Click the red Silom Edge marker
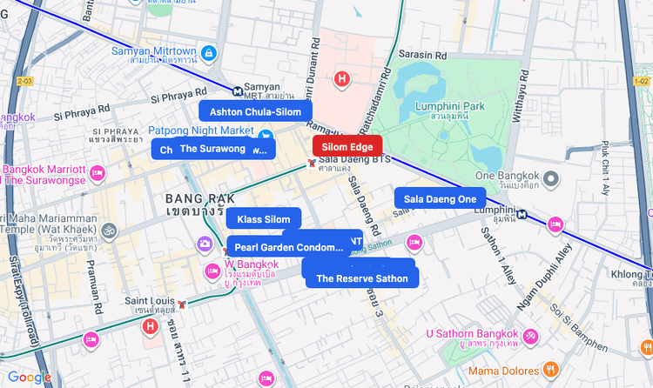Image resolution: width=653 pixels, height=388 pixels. click(347, 147)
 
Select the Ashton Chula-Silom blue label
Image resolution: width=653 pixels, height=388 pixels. click(255, 111)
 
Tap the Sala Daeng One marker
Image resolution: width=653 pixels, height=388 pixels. click(440, 198)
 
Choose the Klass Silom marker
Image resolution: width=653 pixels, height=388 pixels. click(263, 219)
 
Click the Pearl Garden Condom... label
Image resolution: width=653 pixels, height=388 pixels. click(278, 247)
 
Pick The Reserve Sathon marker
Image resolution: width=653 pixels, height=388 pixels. click(361, 278)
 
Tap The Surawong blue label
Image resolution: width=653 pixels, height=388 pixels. click(212, 149)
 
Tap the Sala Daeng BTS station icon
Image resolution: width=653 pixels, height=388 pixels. click(311, 164)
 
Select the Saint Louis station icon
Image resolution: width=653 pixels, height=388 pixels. click(182, 304)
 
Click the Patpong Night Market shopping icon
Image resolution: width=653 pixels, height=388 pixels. click(266, 136)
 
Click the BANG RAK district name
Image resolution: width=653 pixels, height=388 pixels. click(200, 198)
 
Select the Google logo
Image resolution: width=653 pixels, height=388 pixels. click(29, 377)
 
